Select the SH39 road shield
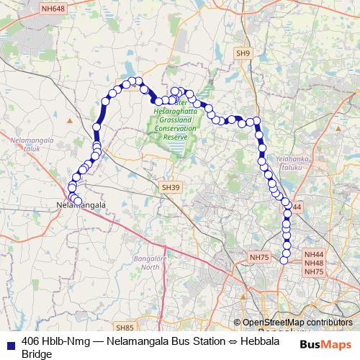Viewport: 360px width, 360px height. pos(169,186)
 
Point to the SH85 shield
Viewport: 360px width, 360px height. pos(125,326)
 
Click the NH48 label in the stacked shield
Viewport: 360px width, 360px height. pos(314,263)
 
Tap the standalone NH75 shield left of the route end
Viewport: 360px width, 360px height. pos(258,256)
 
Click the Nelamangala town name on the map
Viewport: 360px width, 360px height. pos(81,205)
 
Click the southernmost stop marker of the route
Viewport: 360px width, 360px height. pos(284,260)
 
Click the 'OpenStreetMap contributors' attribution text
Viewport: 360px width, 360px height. pos(297,322)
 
